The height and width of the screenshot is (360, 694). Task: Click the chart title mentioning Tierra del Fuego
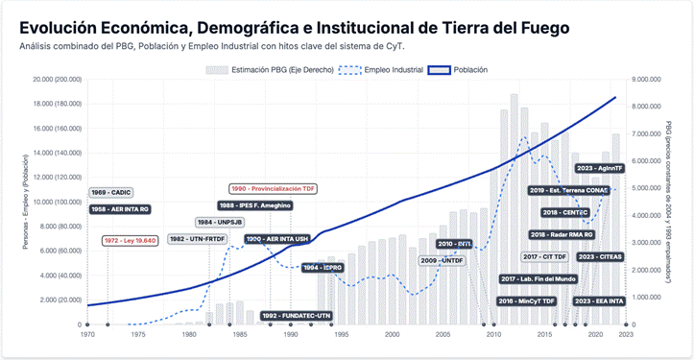pos(294,27)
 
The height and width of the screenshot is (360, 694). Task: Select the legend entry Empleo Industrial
pos(382,70)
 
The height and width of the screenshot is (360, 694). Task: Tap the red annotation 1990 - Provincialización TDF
pos(274,189)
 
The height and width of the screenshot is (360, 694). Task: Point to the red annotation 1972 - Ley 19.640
pos(130,240)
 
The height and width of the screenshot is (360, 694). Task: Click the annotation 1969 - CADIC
pos(111,192)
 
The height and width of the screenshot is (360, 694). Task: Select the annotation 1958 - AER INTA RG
pos(120,208)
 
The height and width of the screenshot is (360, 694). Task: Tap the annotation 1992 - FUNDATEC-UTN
pos(297,315)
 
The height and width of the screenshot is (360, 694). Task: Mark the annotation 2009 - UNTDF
pos(442,260)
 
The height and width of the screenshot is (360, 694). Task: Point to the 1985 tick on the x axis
pos(239,335)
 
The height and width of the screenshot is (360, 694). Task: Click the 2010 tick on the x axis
pos(493,335)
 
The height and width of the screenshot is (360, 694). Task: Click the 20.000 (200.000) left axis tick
pos(54,81)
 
